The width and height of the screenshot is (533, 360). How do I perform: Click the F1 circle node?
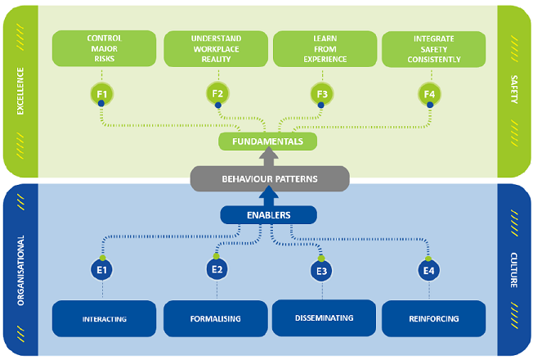point(104,94)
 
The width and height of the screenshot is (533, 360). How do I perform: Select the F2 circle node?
point(217,94)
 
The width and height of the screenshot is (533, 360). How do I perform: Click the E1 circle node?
point(104,268)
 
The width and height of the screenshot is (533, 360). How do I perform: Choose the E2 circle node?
point(217,268)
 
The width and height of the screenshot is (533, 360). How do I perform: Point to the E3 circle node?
point(321,270)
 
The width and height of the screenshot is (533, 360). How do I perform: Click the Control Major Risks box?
point(104,48)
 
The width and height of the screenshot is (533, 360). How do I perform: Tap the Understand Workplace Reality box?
point(216,48)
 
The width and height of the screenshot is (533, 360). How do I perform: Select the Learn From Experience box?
point(323,48)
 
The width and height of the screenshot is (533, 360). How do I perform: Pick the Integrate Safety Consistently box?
point(432,48)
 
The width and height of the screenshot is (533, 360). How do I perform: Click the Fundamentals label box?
point(266,142)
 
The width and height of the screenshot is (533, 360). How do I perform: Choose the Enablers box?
point(266,214)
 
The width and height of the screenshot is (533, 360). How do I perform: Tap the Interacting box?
point(104,318)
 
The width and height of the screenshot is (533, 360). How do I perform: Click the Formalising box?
point(216,318)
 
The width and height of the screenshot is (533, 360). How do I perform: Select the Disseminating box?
point(323,317)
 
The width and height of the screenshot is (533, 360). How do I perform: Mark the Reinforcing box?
point(432,318)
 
